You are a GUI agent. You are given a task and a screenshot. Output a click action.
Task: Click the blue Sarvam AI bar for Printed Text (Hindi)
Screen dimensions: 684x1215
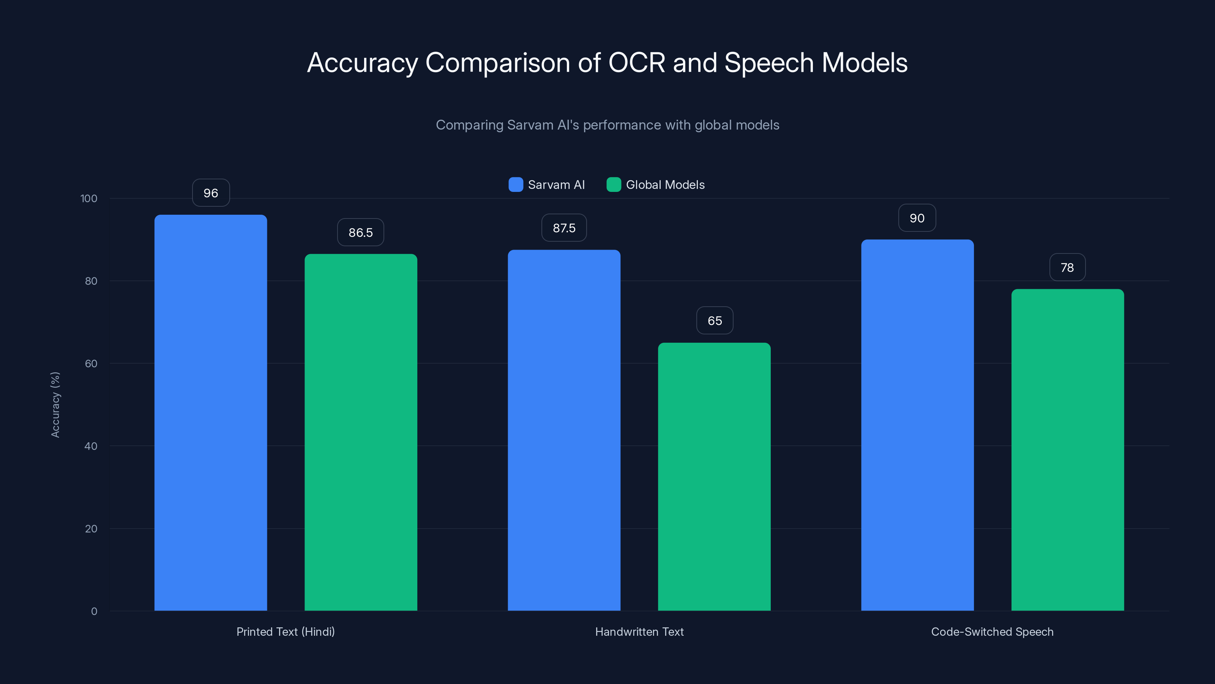coord(210,413)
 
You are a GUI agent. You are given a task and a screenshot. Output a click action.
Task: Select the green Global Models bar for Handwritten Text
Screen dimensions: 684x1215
coord(714,477)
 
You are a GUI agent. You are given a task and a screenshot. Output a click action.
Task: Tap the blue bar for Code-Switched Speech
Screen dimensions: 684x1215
coord(917,425)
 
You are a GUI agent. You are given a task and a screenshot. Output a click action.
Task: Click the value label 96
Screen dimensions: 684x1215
coord(211,193)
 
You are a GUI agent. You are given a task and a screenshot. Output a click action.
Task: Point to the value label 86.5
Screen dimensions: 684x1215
coord(360,233)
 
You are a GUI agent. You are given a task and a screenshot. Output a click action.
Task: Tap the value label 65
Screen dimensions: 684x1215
coord(715,321)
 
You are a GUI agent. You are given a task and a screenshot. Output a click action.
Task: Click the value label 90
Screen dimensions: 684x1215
coord(917,218)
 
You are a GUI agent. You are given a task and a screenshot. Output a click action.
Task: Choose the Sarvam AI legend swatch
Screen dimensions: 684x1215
coord(516,185)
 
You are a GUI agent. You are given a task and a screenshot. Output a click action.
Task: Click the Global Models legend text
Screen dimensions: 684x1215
coord(665,185)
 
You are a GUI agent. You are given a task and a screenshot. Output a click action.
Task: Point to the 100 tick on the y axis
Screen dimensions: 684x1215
coord(89,199)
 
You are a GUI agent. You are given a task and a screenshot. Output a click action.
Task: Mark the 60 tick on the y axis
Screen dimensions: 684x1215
coord(91,364)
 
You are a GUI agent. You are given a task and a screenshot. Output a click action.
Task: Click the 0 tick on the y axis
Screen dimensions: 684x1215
coord(94,611)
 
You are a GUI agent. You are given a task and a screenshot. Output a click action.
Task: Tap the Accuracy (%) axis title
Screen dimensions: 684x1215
coord(55,405)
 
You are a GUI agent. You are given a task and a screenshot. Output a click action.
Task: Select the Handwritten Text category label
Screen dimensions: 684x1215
coord(639,632)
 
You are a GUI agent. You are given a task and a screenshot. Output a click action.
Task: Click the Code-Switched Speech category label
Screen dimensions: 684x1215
coord(992,632)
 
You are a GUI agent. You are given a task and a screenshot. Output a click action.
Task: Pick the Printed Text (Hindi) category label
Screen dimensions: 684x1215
coord(286,632)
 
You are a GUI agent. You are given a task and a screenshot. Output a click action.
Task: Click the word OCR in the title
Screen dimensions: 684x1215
coord(636,63)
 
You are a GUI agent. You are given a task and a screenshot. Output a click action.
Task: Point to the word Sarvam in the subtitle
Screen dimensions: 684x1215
coord(523,125)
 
